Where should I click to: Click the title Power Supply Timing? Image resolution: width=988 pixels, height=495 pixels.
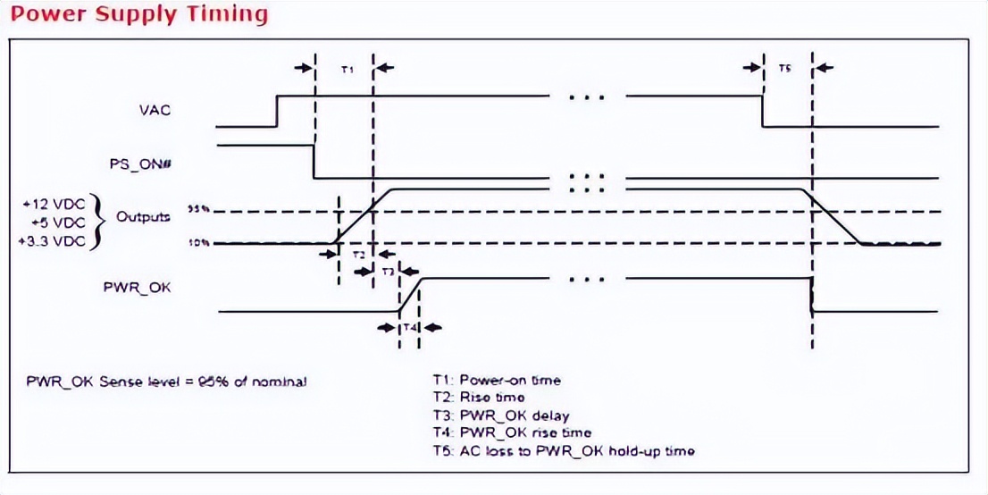(134, 14)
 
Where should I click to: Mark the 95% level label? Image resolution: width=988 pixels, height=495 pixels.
(197, 209)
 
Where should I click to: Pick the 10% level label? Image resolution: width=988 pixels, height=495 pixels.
(197, 242)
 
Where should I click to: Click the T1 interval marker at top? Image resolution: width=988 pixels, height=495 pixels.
(348, 68)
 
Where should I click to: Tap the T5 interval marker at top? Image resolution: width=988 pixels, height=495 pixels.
(783, 68)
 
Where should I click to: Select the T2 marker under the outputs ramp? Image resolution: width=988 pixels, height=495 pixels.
(357, 255)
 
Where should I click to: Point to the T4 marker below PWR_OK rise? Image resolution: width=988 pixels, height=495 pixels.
(409, 328)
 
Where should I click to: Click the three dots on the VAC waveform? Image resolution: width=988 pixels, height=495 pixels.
(587, 96)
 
